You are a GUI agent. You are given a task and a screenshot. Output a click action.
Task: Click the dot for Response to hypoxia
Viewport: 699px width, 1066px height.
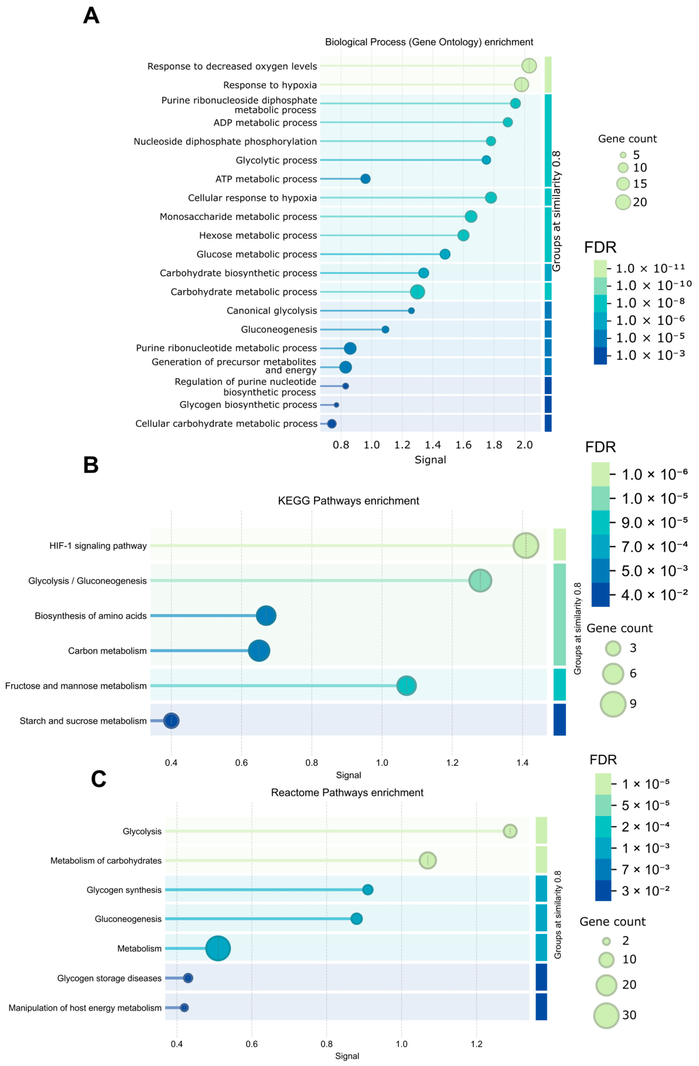point(521,84)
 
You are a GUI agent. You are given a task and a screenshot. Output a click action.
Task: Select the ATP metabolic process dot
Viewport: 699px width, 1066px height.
point(365,179)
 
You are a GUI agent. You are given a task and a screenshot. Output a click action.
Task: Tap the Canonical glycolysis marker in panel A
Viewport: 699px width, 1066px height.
point(411,311)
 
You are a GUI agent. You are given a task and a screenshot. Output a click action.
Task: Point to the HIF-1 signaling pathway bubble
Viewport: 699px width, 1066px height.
point(526,546)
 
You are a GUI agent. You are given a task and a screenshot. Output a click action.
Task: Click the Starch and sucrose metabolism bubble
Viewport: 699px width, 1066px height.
point(172,721)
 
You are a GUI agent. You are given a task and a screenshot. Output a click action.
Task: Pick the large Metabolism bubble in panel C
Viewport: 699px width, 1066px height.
point(218,948)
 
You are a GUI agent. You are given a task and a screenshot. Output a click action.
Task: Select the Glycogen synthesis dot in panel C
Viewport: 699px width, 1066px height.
point(368,890)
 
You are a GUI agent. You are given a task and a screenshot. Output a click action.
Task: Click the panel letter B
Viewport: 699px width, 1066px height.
point(91,465)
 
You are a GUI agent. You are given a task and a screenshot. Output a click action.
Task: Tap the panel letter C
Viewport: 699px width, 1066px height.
point(99,779)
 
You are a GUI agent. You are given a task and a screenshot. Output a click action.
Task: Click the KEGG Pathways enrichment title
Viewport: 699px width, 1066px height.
point(349,500)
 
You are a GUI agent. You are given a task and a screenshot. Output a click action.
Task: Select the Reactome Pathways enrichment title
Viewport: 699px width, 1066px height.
point(347,793)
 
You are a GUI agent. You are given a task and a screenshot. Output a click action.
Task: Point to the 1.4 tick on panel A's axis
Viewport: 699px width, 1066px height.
point(433,444)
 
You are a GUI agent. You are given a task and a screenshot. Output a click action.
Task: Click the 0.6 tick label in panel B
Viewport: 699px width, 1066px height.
point(242,762)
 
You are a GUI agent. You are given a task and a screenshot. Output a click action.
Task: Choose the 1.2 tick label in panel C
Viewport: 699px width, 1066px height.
point(476,1044)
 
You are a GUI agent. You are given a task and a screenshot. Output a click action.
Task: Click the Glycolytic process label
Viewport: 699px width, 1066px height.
point(276,160)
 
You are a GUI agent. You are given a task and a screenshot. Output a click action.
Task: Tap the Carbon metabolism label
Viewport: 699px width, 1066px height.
point(107,651)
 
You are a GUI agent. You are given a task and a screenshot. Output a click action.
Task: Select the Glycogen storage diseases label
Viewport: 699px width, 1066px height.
point(110,978)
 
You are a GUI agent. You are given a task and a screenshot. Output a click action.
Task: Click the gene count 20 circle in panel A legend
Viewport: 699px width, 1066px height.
point(623,202)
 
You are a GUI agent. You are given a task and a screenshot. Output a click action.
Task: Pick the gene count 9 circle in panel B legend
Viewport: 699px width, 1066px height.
point(613,704)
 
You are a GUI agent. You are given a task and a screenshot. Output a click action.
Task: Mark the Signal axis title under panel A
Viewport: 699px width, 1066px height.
point(430,460)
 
